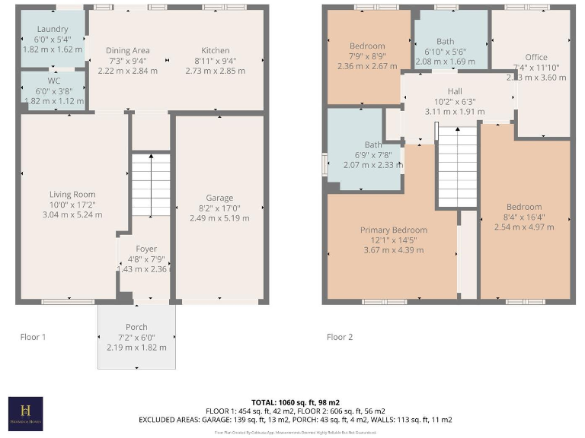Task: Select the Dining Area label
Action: pyautogui.click(x=127, y=50)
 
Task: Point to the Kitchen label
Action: pyautogui.click(x=216, y=50)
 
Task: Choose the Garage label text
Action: pyautogui.click(x=219, y=198)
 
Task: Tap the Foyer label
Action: pyautogui.click(x=146, y=249)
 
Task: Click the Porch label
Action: pyautogui.click(x=137, y=327)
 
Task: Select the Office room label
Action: pyautogui.click(x=536, y=57)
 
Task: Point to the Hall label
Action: pyautogui.click(x=455, y=90)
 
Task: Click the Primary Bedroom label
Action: pyautogui.click(x=394, y=230)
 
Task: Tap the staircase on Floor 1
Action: pyautogui.click(x=149, y=184)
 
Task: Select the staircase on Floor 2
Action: pyautogui.click(x=457, y=167)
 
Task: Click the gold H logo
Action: pyautogui.click(x=25, y=412)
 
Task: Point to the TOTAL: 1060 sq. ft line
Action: pyautogui.click(x=295, y=401)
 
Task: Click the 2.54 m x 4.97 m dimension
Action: pyautogui.click(x=524, y=227)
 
